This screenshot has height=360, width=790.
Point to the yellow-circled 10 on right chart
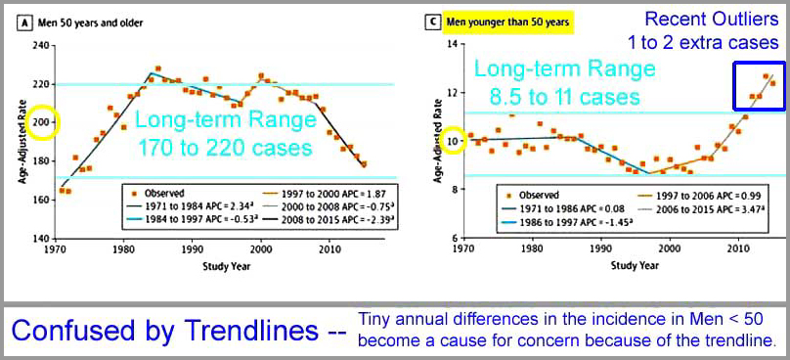pyautogui.click(x=439, y=142)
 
